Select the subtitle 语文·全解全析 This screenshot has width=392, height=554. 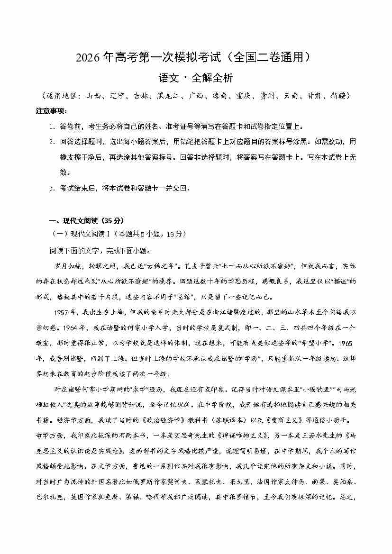(x=196, y=78)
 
